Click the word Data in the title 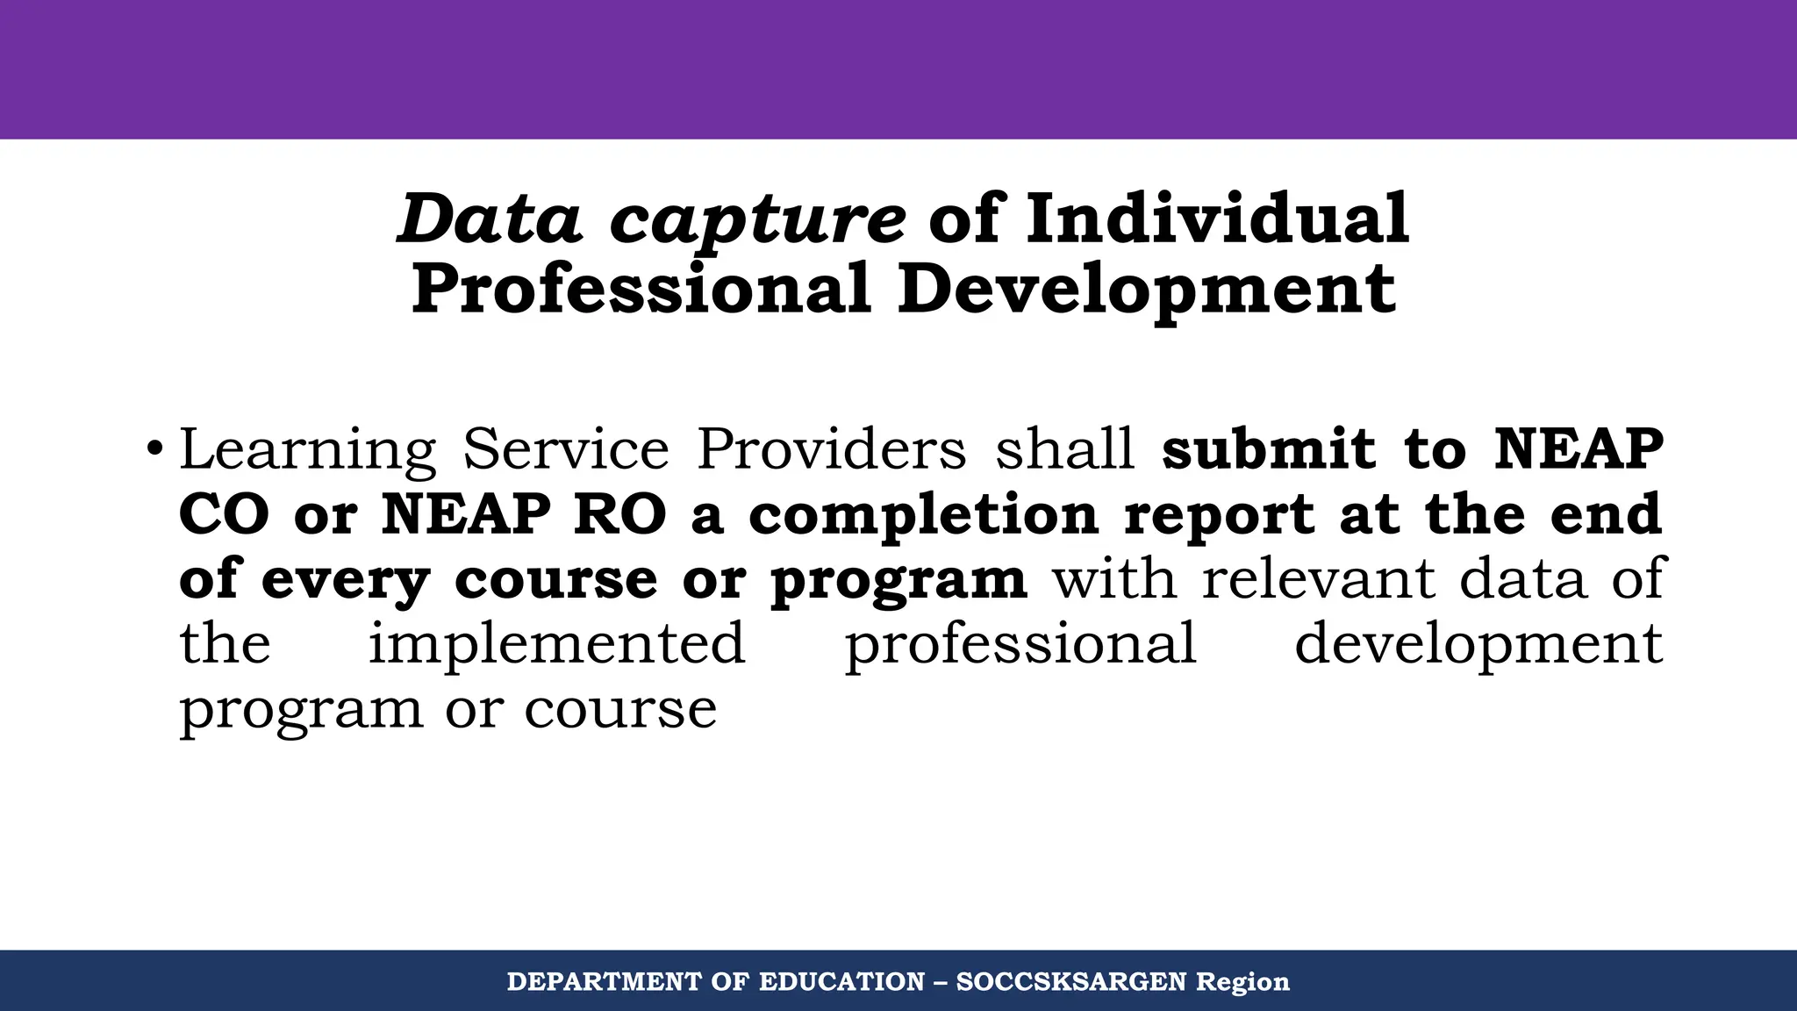click(x=489, y=219)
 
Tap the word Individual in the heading click(x=1217, y=219)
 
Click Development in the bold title click(x=1146, y=290)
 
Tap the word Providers click(x=831, y=449)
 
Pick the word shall click(x=1064, y=449)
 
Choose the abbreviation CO click(x=224, y=514)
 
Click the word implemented click(x=556, y=644)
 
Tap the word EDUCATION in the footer click(x=841, y=981)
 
